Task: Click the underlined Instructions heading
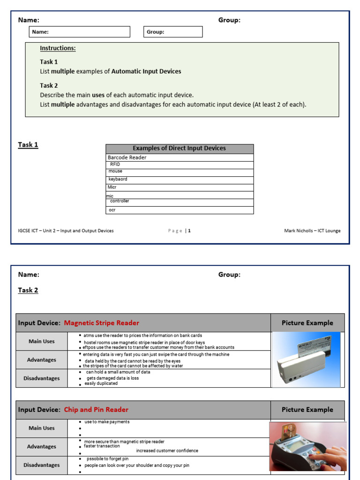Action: (58, 48)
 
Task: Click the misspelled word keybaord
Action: (118, 179)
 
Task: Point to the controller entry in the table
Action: (120, 201)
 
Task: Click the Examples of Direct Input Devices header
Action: (179, 148)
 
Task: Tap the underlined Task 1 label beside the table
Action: (28, 144)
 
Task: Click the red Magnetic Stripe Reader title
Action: (101, 323)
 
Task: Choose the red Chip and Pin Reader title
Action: (96, 410)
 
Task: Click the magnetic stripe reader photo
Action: (306, 360)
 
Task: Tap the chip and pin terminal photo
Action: (307, 446)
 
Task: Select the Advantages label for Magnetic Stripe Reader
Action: (42, 360)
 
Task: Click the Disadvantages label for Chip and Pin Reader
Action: (42, 465)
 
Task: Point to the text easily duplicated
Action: (101, 383)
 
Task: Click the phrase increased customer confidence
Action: (167, 451)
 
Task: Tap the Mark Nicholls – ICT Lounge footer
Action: (312, 231)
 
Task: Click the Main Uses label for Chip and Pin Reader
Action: (42, 428)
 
